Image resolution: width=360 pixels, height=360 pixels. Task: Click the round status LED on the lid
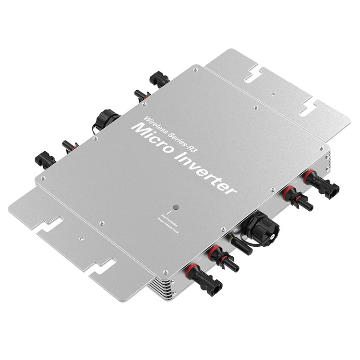[x=176, y=207]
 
